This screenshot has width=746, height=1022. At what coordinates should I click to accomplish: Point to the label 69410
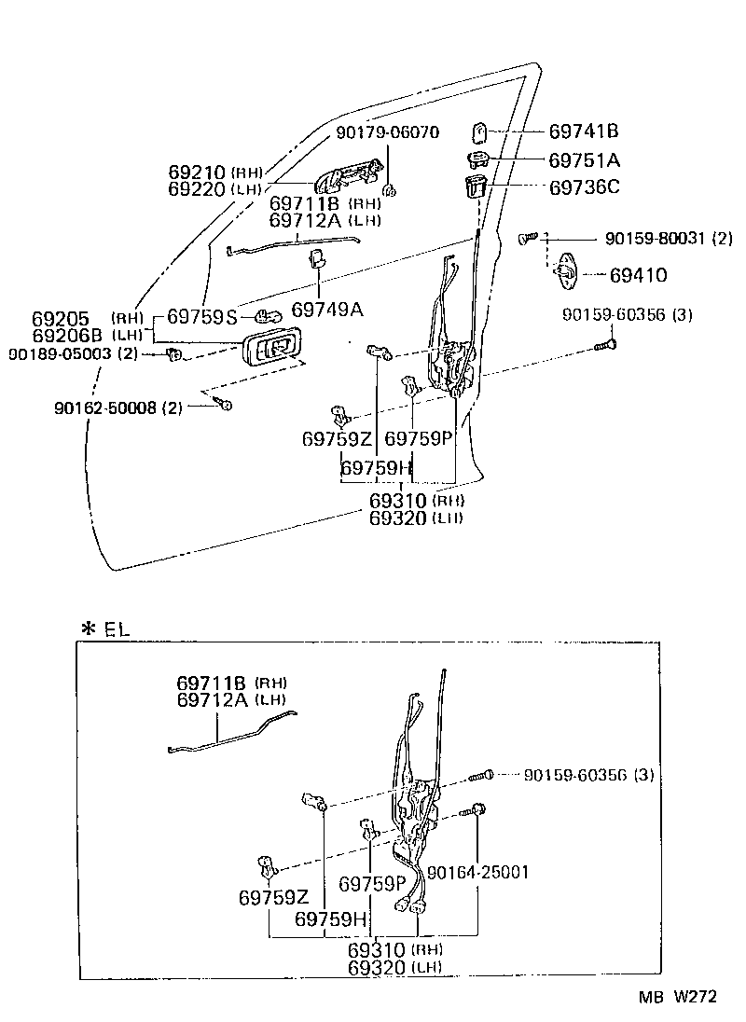(x=638, y=276)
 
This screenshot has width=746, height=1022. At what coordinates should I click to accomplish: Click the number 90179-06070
(x=387, y=132)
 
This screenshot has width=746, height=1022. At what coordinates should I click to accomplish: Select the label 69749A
(x=327, y=309)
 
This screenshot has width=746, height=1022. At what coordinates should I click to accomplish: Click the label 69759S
(x=202, y=316)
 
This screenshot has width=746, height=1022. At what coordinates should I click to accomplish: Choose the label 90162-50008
(x=107, y=407)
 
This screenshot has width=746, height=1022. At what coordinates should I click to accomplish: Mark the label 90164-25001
(x=478, y=873)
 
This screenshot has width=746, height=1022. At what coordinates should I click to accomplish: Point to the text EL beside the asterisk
(x=117, y=629)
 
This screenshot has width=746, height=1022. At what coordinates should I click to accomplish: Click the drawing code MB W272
(x=678, y=997)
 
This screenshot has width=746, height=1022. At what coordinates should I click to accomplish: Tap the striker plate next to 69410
(x=565, y=268)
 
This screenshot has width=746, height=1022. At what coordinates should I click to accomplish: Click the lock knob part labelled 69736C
(x=475, y=185)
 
